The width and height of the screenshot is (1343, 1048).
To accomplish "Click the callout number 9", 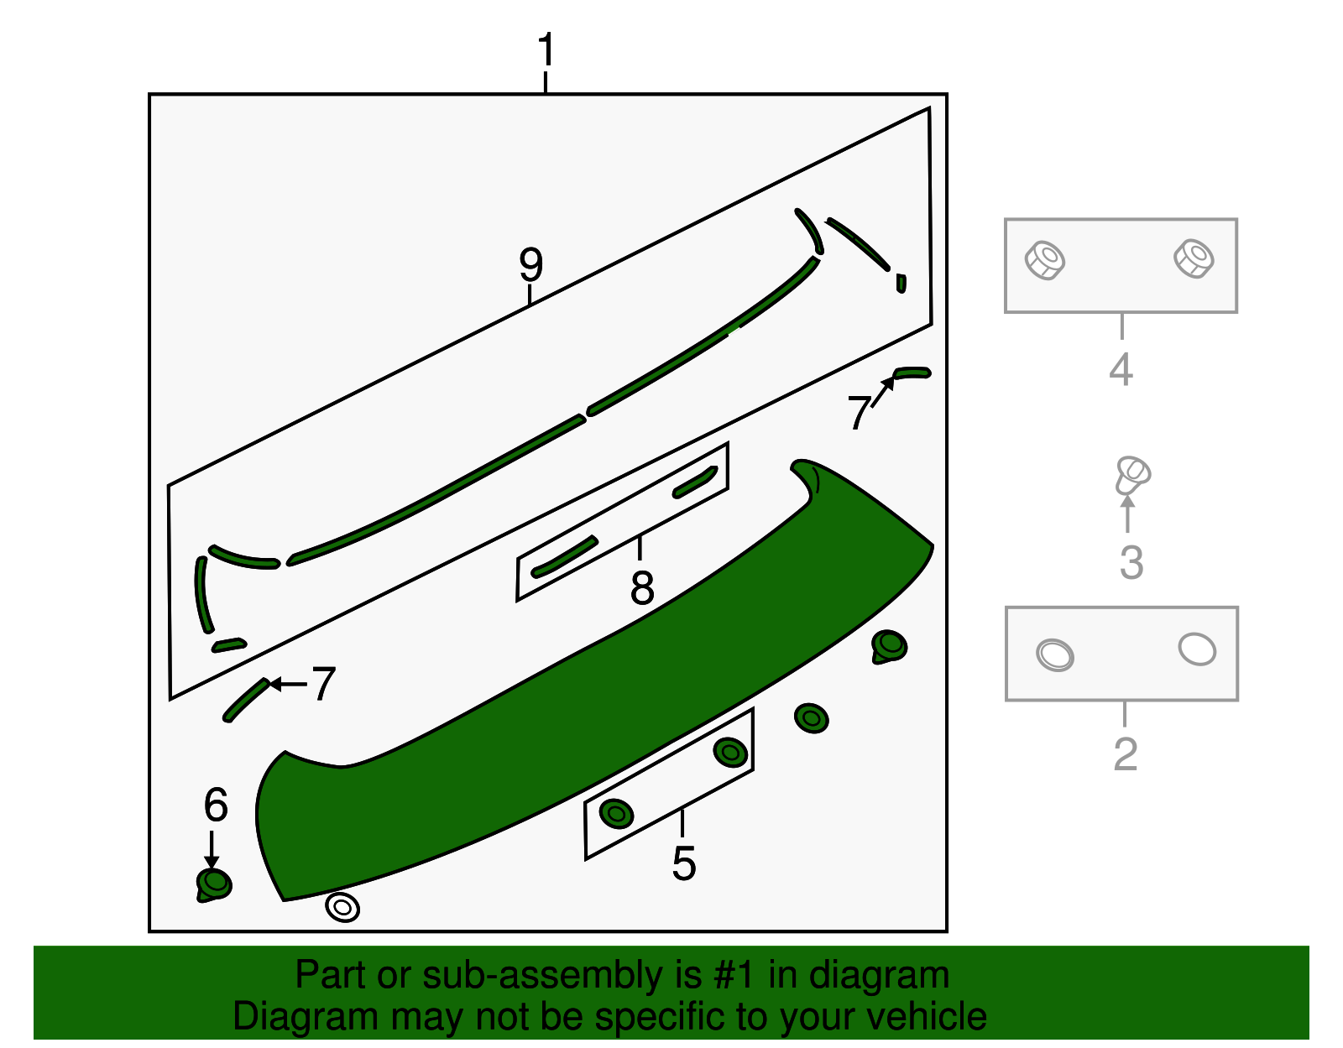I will [530, 265].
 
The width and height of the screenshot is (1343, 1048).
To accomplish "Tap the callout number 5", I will [683, 863].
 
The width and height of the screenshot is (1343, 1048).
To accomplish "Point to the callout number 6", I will [216, 806].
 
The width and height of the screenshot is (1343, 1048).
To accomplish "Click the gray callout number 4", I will [1121, 369].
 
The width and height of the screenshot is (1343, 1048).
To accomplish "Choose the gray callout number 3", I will [1131, 562].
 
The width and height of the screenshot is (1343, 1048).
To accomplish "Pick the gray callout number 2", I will [1125, 753].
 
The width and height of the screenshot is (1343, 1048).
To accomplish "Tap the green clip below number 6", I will [213, 884].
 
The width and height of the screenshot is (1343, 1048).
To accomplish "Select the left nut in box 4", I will [1045, 260].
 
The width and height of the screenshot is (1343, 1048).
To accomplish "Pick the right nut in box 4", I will [1194, 258].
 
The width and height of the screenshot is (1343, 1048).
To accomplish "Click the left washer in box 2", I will [1055, 654].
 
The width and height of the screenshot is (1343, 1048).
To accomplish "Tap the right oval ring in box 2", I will [1197, 649].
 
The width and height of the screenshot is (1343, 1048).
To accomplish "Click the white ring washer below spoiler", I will [342, 907].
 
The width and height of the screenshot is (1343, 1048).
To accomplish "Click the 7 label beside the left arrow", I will [323, 684].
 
